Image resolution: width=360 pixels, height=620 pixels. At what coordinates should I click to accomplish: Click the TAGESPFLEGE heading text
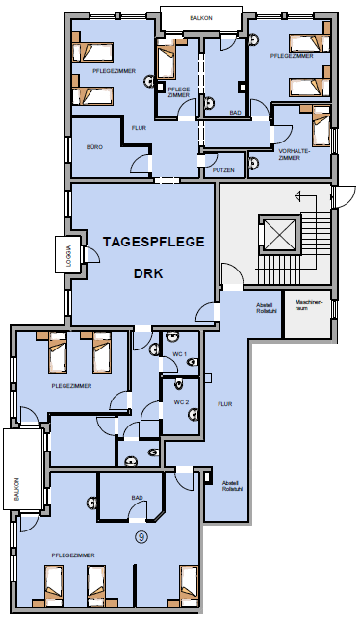click(x=154, y=242)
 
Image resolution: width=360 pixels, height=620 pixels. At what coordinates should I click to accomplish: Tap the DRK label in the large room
click(x=148, y=273)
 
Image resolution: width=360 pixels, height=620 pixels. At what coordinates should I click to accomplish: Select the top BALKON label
click(x=201, y=18)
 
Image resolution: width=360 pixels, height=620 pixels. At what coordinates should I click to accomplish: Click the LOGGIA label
click(x=69, y=254)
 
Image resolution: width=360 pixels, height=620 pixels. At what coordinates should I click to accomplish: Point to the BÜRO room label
click(x=95, y=147)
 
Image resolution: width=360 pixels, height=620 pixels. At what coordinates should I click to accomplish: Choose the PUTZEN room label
click(x=223, y=170)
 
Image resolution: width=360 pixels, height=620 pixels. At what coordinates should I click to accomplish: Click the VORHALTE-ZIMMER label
click(x=295, y=154)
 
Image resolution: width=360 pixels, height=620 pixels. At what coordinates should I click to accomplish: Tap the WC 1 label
click(x=180, y=354)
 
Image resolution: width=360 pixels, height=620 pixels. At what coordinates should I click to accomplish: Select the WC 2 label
click(x=181, y=402)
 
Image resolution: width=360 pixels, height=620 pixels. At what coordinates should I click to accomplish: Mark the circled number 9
click(x=141, y=536)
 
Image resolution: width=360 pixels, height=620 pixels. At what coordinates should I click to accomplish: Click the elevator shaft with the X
click(x=279, y=235)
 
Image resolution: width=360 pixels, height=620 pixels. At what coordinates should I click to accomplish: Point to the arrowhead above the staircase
click(x=298, y=195)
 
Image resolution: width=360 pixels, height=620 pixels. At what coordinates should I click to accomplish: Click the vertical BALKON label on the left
click(x=16, y=489)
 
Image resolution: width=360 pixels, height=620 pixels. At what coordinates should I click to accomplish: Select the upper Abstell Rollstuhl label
click(x=267, y=308)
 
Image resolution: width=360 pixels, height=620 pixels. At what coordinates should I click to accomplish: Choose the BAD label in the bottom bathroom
click(x=137, y=498)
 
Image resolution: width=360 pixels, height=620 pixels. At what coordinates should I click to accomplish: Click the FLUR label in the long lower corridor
click(x=225, y=404)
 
